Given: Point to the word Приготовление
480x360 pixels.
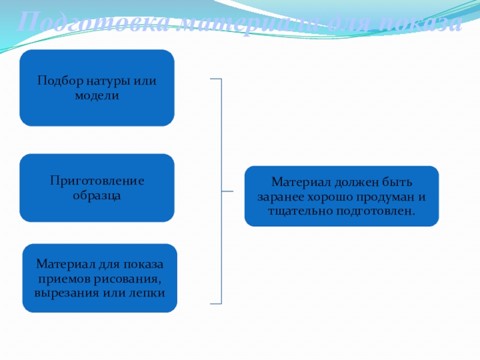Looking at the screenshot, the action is (x=97, y=181).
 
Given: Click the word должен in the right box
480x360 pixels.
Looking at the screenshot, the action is (x=355, y=181).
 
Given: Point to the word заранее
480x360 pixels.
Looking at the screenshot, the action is (x=280, y=196).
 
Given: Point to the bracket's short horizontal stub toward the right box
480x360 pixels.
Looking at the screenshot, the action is (x=227, y=191).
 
